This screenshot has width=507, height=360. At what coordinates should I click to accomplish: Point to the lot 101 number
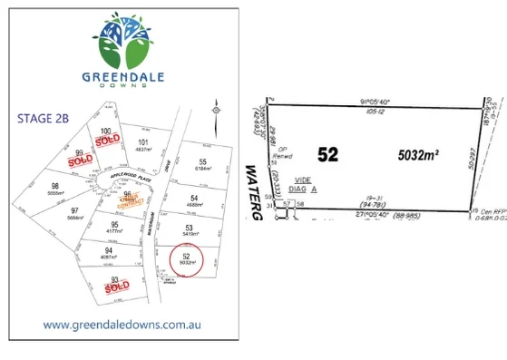142,141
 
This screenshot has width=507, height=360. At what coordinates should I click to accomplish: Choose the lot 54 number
194,198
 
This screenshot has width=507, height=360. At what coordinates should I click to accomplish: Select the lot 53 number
190,228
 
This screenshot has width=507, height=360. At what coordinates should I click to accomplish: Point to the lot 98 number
54,186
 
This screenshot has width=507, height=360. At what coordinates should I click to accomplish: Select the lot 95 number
114,225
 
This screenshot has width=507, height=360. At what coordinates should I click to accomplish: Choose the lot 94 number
108,250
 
